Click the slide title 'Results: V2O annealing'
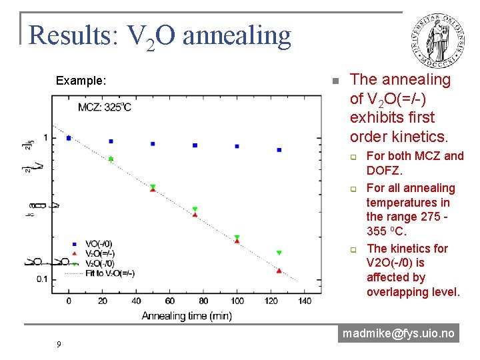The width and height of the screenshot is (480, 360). pyautogui.click(x=160, y=35)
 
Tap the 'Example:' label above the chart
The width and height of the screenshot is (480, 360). pyautogui.click(x=80, y=81)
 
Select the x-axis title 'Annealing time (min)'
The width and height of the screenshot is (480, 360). pyautogui.click(x=187, y=315)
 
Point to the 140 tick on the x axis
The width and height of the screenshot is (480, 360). pyautogui.click(x=305, y=301)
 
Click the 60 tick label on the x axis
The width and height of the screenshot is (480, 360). pyautogui.click(x=170, y=301)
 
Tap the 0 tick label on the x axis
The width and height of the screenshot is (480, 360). pyautogui.click(x=69, y=301)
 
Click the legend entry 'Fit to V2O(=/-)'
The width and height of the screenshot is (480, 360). pyautogui.click(x=109, y=273)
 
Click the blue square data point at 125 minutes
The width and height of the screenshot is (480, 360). pyautogui.click(x=279, y=150)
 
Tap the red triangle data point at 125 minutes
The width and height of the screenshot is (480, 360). pyautogui.click(x=279, y=271)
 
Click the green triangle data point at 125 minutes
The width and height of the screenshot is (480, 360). pyautogui.click(x=279, y=253)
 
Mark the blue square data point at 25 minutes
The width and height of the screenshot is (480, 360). pyautogui.click(x=111, y=141)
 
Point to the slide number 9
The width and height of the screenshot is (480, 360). pyautogui.click(x=59, y=344)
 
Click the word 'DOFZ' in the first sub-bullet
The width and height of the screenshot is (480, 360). pyautogui.click(x=385, y=171)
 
